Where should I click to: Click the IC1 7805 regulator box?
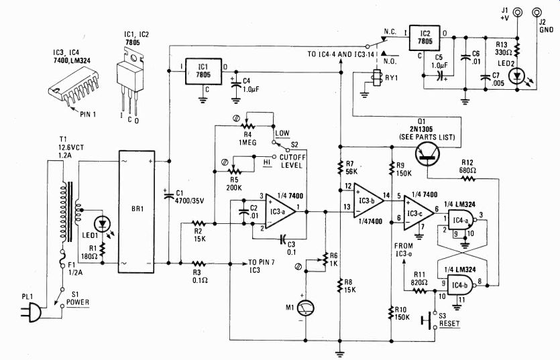coord(203,72)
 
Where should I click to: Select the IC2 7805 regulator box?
coord(425,38)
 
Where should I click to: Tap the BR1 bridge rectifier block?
coord(136,212)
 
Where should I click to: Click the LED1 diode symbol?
coord(103,225)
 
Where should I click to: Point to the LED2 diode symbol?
coord(517,76)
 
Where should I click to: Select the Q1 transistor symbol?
coord(427,154)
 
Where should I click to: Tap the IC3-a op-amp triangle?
coord(280,212)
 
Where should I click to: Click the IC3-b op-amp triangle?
coord(369,200)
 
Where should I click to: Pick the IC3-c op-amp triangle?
coord(419,213)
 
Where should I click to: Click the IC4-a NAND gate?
coord(462,221)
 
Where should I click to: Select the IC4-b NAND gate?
coord(462,286)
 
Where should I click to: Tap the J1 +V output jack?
coord(517,13)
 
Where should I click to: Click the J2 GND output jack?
coord(536,13)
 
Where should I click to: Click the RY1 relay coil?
coord(376,78)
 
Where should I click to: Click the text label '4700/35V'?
coord(189,200)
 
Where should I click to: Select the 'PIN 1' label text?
coord(89,114)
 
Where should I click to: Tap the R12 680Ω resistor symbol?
coord(469,178)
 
